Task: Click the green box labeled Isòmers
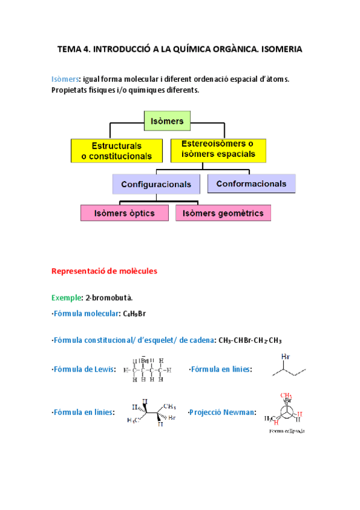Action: (167, 121)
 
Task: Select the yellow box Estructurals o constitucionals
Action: (117, 151)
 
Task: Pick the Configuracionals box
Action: (156, 184)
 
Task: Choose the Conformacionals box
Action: (251, 183)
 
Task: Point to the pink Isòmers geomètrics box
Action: (224, 213)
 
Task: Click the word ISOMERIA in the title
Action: (277, 51)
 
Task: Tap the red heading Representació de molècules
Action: (104, 271)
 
